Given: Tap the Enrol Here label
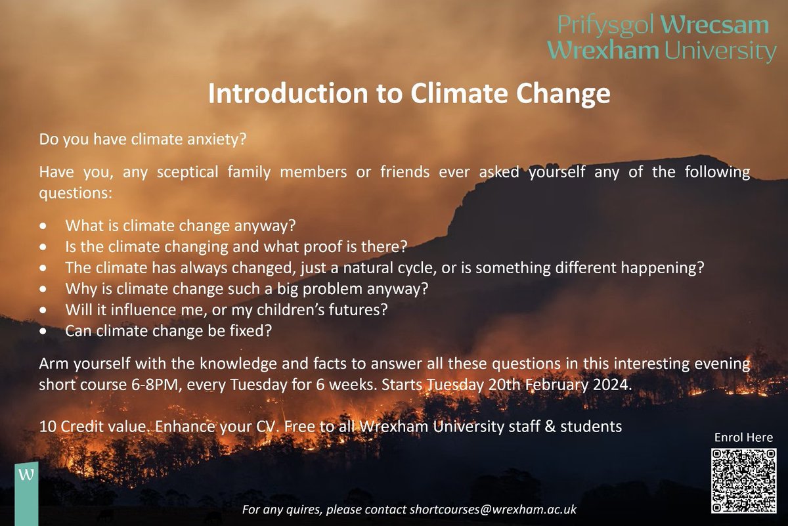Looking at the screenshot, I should click(743, 437).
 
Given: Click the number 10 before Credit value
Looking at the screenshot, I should click(47, 426).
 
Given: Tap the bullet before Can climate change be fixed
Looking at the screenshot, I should click(43, 332).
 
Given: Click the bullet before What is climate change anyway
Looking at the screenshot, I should click(43, 226).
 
